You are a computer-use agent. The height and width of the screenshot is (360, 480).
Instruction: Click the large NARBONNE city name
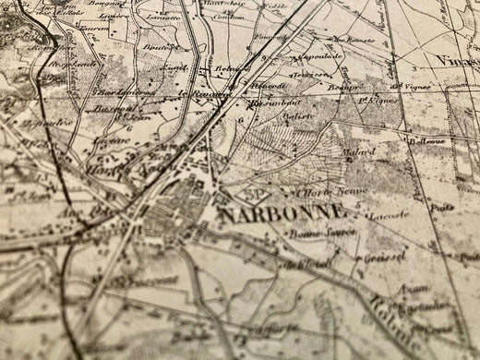click(284, 214)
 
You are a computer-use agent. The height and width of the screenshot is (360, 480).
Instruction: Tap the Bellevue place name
click(427, 141)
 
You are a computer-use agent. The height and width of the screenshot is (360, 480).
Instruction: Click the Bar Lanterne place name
click(122, 91)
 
